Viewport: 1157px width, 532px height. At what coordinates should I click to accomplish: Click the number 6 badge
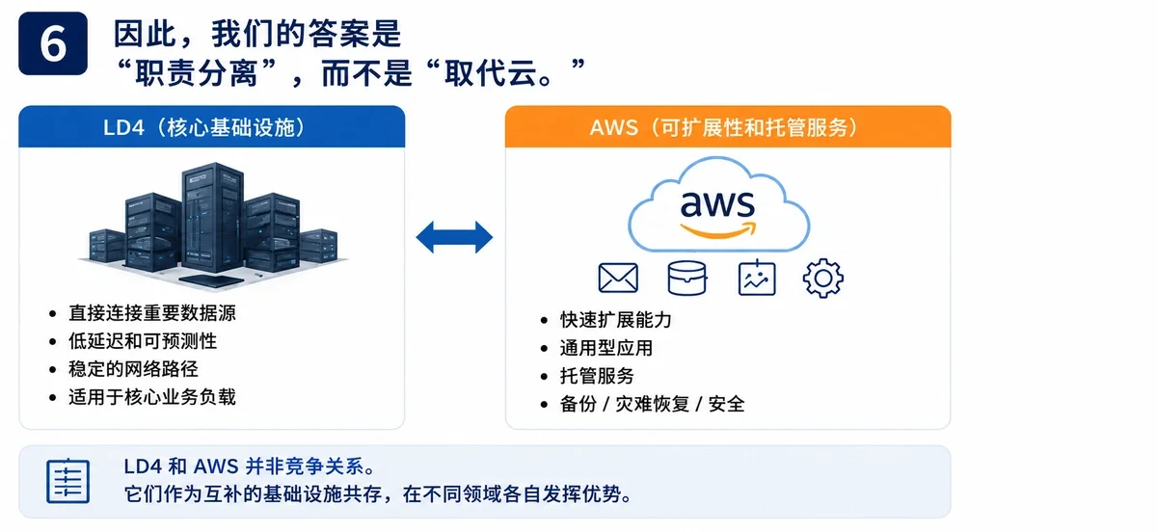53,43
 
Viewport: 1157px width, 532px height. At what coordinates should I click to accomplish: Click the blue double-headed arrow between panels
454,237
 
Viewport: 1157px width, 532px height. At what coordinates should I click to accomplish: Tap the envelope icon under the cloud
618,278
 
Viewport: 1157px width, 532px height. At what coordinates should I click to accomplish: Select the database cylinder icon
686,278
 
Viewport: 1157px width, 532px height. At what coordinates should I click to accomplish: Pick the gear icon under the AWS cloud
822,278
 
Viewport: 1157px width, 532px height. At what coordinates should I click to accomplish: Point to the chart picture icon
757,278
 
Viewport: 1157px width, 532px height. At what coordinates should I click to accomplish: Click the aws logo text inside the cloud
717,204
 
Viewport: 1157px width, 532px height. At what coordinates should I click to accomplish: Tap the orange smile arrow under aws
718,230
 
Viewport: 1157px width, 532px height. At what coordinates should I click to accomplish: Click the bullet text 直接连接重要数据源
152,313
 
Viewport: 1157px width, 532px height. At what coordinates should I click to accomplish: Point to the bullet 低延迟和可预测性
143,341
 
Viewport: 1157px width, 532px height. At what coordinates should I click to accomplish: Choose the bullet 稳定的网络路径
133,369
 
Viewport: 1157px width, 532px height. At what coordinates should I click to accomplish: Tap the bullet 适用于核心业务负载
152,397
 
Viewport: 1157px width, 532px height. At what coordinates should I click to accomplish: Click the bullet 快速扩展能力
616,320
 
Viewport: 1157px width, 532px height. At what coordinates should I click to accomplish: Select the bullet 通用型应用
606,348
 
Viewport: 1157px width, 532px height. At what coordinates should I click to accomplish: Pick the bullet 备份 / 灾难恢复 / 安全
653,404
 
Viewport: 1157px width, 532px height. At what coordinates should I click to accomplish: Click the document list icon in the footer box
67,481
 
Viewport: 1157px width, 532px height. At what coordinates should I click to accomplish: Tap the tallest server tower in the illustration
212,217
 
